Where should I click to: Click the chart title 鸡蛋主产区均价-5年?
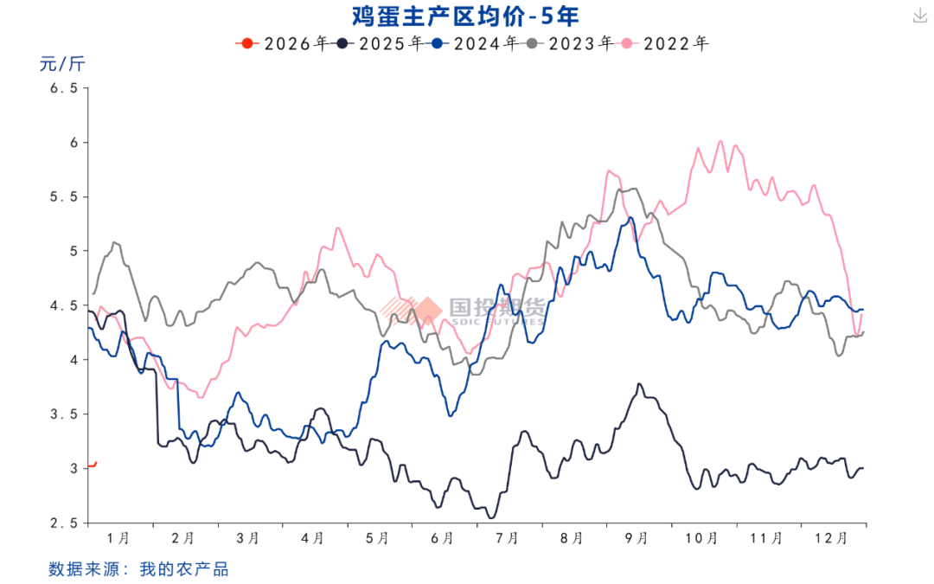tap(465, 16)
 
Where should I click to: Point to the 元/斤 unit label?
tap(62, 63)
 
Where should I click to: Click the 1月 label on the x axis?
tap(119, 538)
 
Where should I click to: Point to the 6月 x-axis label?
tap(443, 538)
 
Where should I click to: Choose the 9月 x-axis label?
tap(637, 538)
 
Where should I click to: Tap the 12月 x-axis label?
tap(832, 538)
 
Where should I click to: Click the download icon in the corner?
tap(918, 15)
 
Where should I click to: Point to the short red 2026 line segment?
tap(92, 465)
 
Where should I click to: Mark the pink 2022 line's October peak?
tap(720, 141)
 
